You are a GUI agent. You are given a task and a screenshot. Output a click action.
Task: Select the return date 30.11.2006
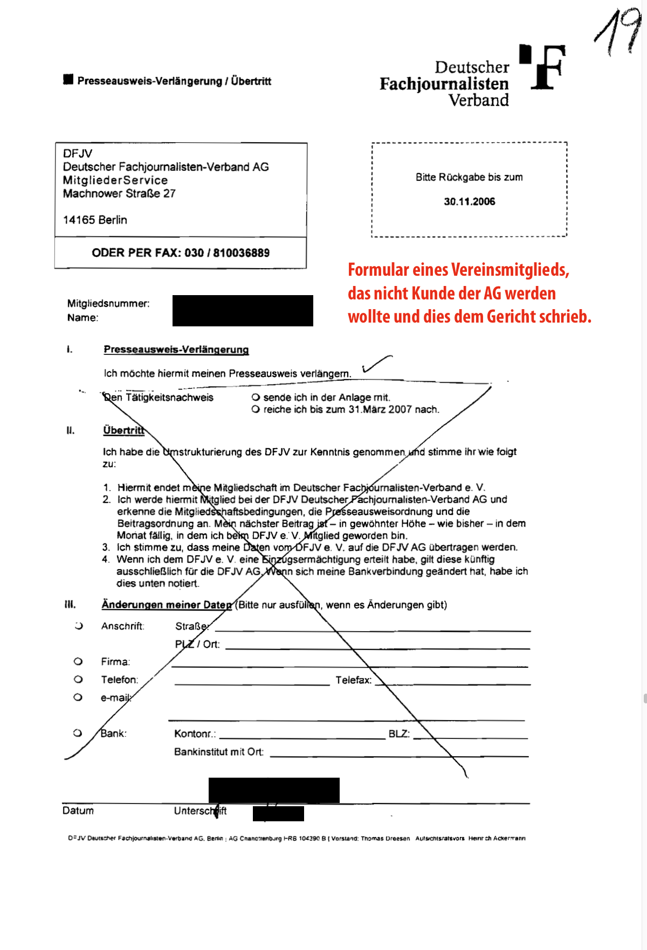[469, 201]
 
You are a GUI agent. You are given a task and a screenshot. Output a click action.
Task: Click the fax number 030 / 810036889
[227, 253]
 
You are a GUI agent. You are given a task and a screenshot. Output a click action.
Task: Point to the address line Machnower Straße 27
[119, 193]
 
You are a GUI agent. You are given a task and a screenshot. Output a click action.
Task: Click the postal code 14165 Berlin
[95, 220]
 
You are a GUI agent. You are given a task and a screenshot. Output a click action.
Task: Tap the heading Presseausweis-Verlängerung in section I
[176, 350]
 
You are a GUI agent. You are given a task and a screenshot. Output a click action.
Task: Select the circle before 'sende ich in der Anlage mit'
[256, 397]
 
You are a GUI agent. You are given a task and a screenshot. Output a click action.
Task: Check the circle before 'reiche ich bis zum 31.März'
[256, 409]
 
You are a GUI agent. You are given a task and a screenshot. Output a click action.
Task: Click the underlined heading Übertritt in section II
[123, 430]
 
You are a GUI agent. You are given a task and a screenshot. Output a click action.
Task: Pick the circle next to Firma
[78, 661]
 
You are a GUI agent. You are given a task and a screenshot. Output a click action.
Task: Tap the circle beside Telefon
[78, 679]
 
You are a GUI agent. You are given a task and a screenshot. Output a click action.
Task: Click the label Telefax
[354, 680]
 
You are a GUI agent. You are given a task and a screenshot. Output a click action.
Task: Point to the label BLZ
[399, 734]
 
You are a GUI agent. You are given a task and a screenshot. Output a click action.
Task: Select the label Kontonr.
[195, 734]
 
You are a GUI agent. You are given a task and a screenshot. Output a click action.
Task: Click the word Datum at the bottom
[78, 811]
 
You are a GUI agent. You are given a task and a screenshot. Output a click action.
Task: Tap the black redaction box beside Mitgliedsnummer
[243, 311]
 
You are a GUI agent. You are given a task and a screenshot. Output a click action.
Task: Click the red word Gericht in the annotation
[512, 317]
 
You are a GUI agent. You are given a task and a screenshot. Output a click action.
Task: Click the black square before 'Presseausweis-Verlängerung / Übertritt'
[68, 80]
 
